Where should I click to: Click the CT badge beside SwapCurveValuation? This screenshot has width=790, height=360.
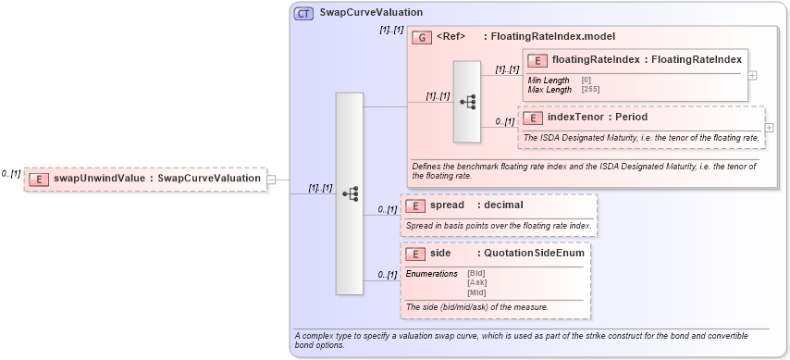(303, 13)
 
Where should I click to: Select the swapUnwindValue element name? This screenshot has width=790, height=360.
(102, 179)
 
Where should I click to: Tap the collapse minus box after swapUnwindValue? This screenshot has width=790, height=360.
(272, 180)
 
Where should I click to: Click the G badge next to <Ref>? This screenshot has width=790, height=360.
(422, 37)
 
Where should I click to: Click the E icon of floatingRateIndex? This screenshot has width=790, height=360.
(537, 60)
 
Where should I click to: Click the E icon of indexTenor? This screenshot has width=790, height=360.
(533, 118)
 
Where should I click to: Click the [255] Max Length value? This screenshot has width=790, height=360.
(590, 90)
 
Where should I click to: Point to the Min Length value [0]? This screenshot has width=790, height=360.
(586, 81)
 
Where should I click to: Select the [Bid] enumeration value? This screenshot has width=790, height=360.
(476, 273)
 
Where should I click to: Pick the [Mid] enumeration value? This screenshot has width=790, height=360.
(476, 292)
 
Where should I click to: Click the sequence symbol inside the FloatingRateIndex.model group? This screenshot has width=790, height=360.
(467, 102)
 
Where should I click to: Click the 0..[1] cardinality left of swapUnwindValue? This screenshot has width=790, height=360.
(11, 173)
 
